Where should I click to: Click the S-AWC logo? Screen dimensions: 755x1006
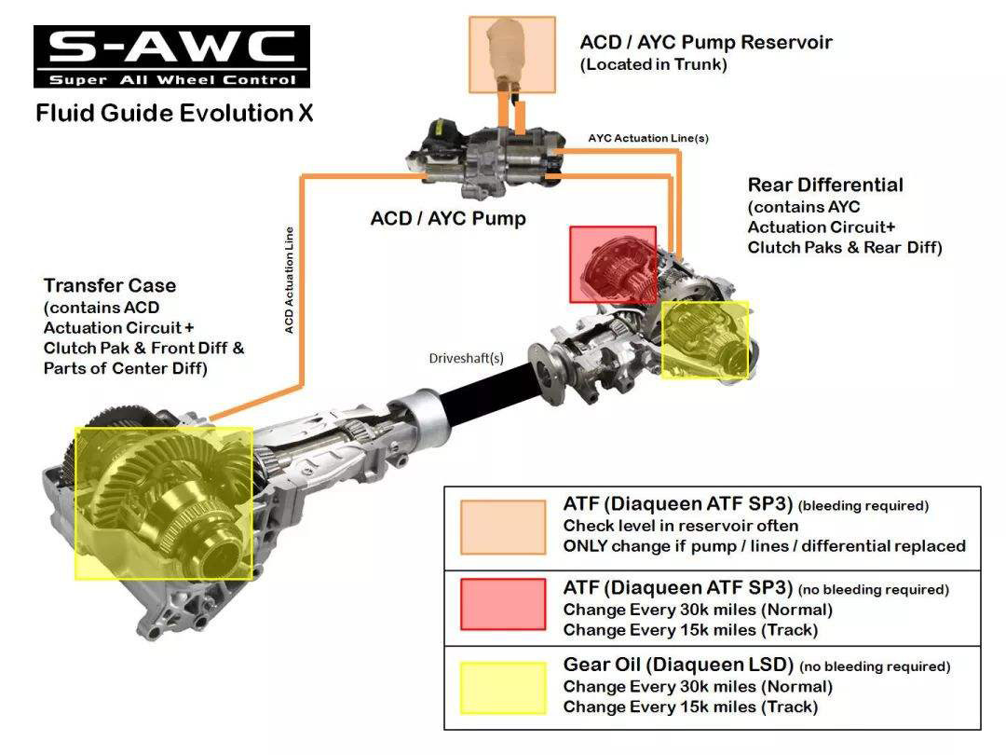pos(172,56)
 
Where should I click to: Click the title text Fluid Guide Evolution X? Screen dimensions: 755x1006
pos(174,114)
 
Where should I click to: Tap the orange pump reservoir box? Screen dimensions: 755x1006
pos(512,54)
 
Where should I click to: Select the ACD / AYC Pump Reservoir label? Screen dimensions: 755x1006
pos(705,43)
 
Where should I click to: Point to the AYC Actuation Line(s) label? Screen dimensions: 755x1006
pos(648,138)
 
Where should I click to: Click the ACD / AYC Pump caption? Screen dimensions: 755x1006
pos(448,218)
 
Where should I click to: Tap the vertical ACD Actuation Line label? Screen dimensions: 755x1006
pos(290,280)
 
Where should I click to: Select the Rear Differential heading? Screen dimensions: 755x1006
pos(825,185)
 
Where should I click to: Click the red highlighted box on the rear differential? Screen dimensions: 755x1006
pos(613,265)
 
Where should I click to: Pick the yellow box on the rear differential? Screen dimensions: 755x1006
pos(705,339)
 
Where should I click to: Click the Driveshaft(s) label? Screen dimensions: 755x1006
pos(467,357)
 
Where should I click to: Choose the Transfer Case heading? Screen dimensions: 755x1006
pos(110,285)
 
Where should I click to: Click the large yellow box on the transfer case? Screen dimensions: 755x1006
pos(164,503)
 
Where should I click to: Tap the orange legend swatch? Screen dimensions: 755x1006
pos(502,528)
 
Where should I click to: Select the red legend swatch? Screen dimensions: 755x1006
pos(502,604)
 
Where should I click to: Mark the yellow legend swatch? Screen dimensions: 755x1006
pos(502,688)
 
